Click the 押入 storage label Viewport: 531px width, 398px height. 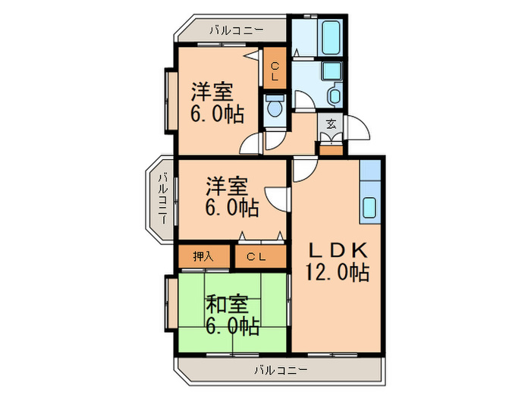tap(203, 256)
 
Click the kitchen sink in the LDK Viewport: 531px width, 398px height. tap(370, 206)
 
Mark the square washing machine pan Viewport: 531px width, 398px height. tap(331, 71)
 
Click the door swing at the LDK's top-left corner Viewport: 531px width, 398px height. tap(303, 171)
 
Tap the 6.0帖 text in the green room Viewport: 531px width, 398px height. tap(232, 327)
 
